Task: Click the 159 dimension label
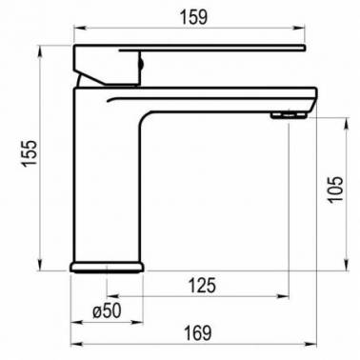(x=194, y=17)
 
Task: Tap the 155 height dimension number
(x=30, y=153)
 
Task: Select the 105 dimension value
(x=335, y=189)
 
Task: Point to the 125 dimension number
(x=202, y=285)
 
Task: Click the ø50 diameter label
(x=107, y=310)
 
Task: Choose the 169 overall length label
(x=197, y=333)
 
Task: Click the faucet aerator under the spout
(x=289, y=114)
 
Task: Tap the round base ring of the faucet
(x=107, y=268)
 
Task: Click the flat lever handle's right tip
(x=304, y=48)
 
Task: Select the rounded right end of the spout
(x=315, y=97)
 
